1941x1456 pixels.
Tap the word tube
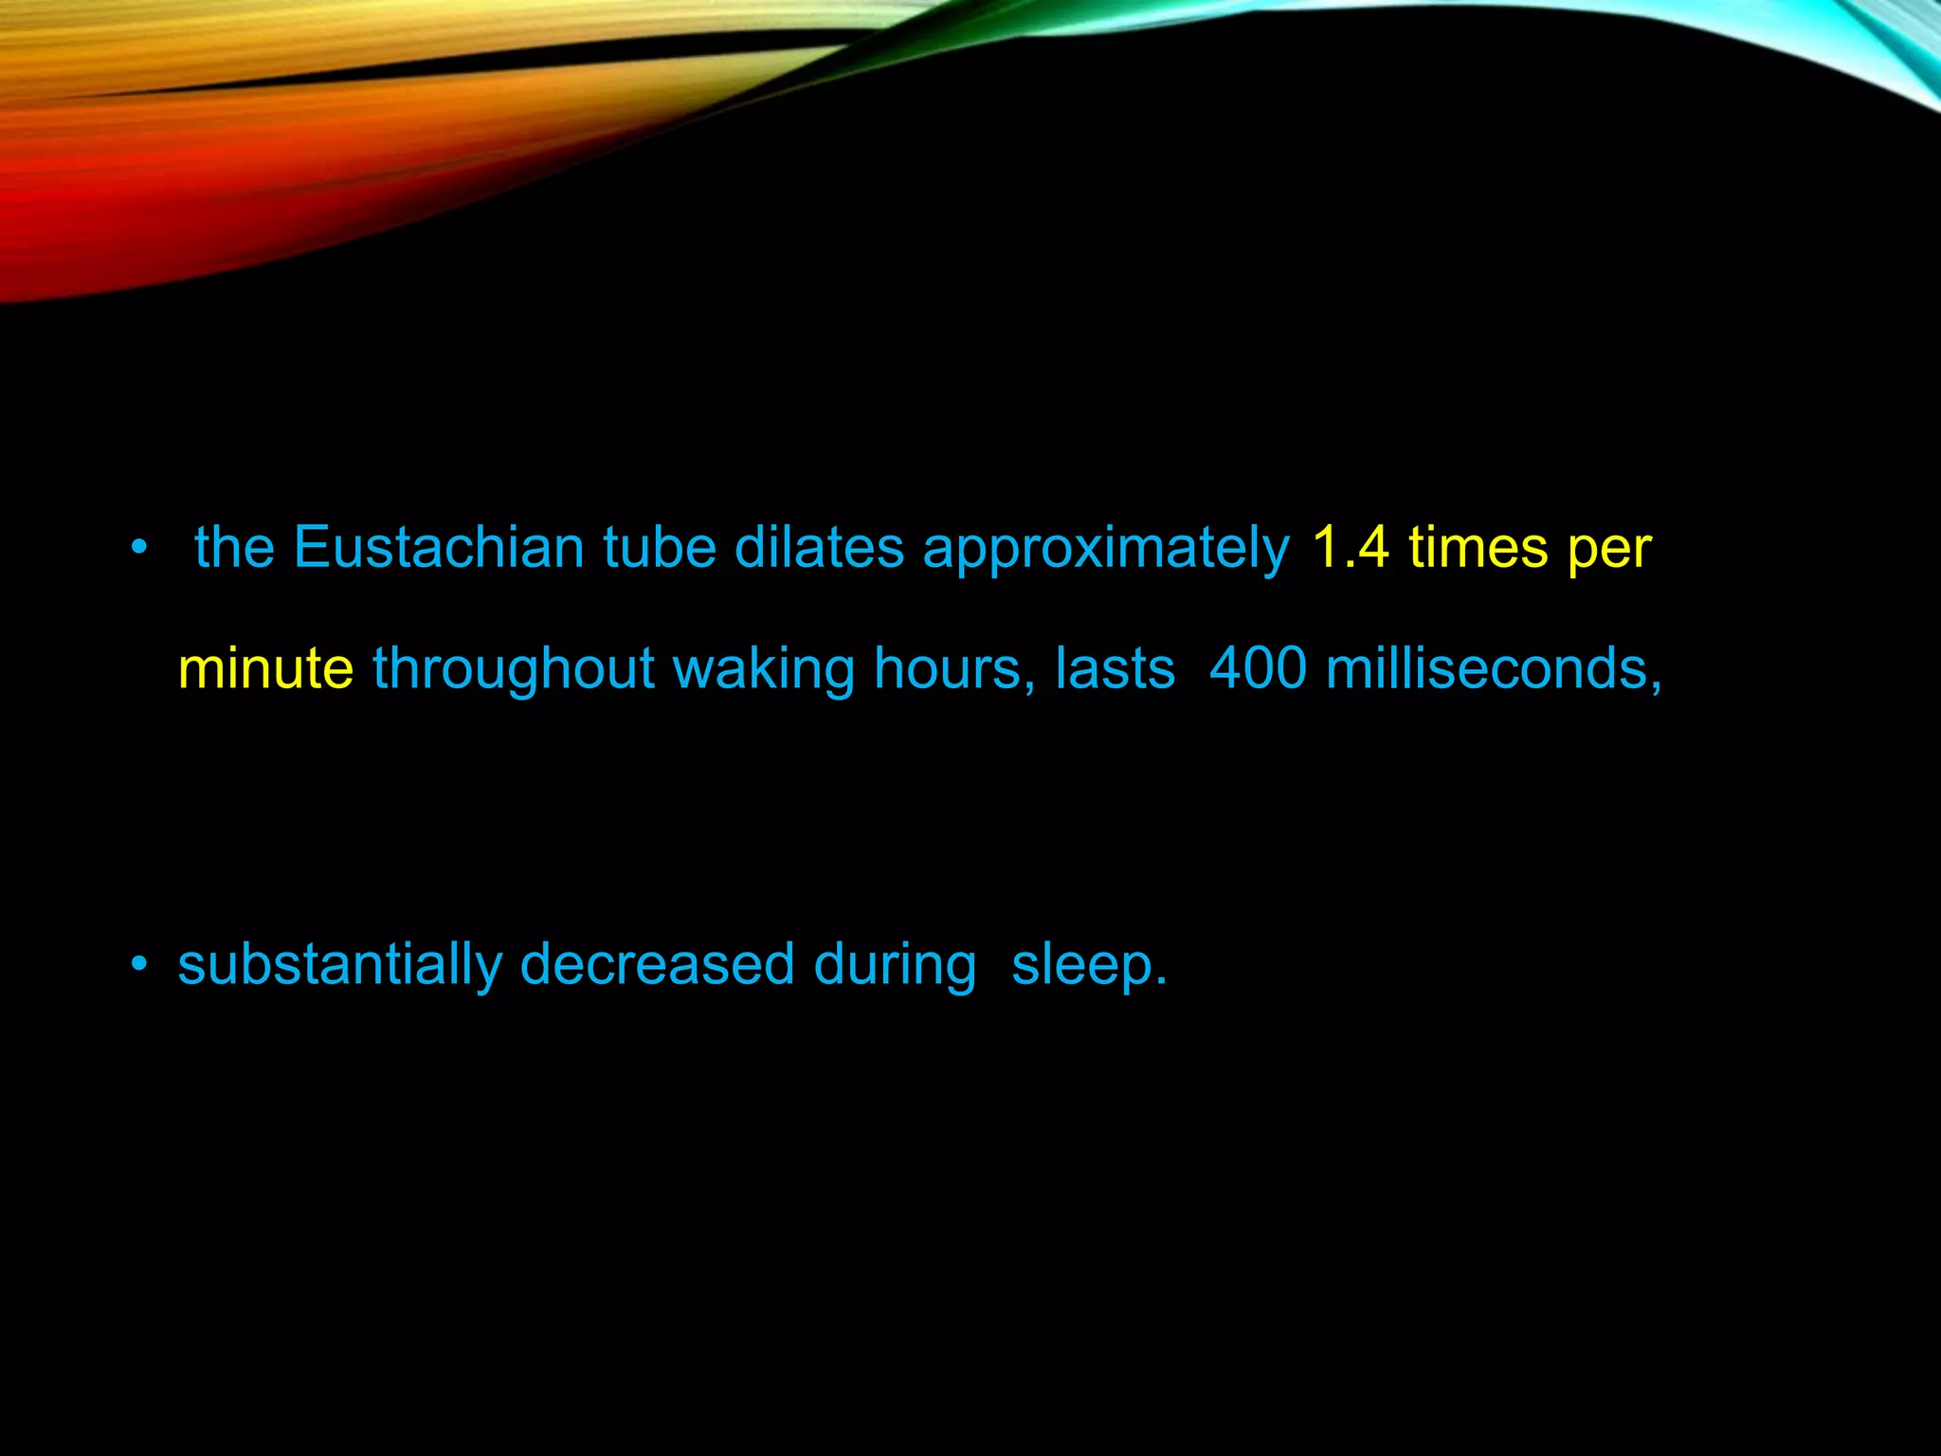[660, 548]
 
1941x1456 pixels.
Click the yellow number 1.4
[1351, 548]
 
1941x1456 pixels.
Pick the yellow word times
[1478, 548]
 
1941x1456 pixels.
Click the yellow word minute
[265, 669]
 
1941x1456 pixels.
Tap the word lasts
[1115, 669]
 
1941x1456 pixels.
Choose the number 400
[1259, 669]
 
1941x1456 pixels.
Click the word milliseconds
[1494, 669]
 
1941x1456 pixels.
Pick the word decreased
[657, 965]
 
